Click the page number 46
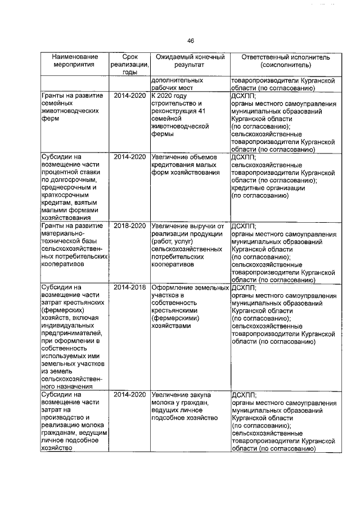[191, 40]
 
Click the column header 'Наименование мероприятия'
[74, 61]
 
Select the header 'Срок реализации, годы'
[129, 65]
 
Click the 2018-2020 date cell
[130, 226]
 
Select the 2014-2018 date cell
[130, 287]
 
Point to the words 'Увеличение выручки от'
[188, 226]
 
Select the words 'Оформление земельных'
[188, 287]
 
